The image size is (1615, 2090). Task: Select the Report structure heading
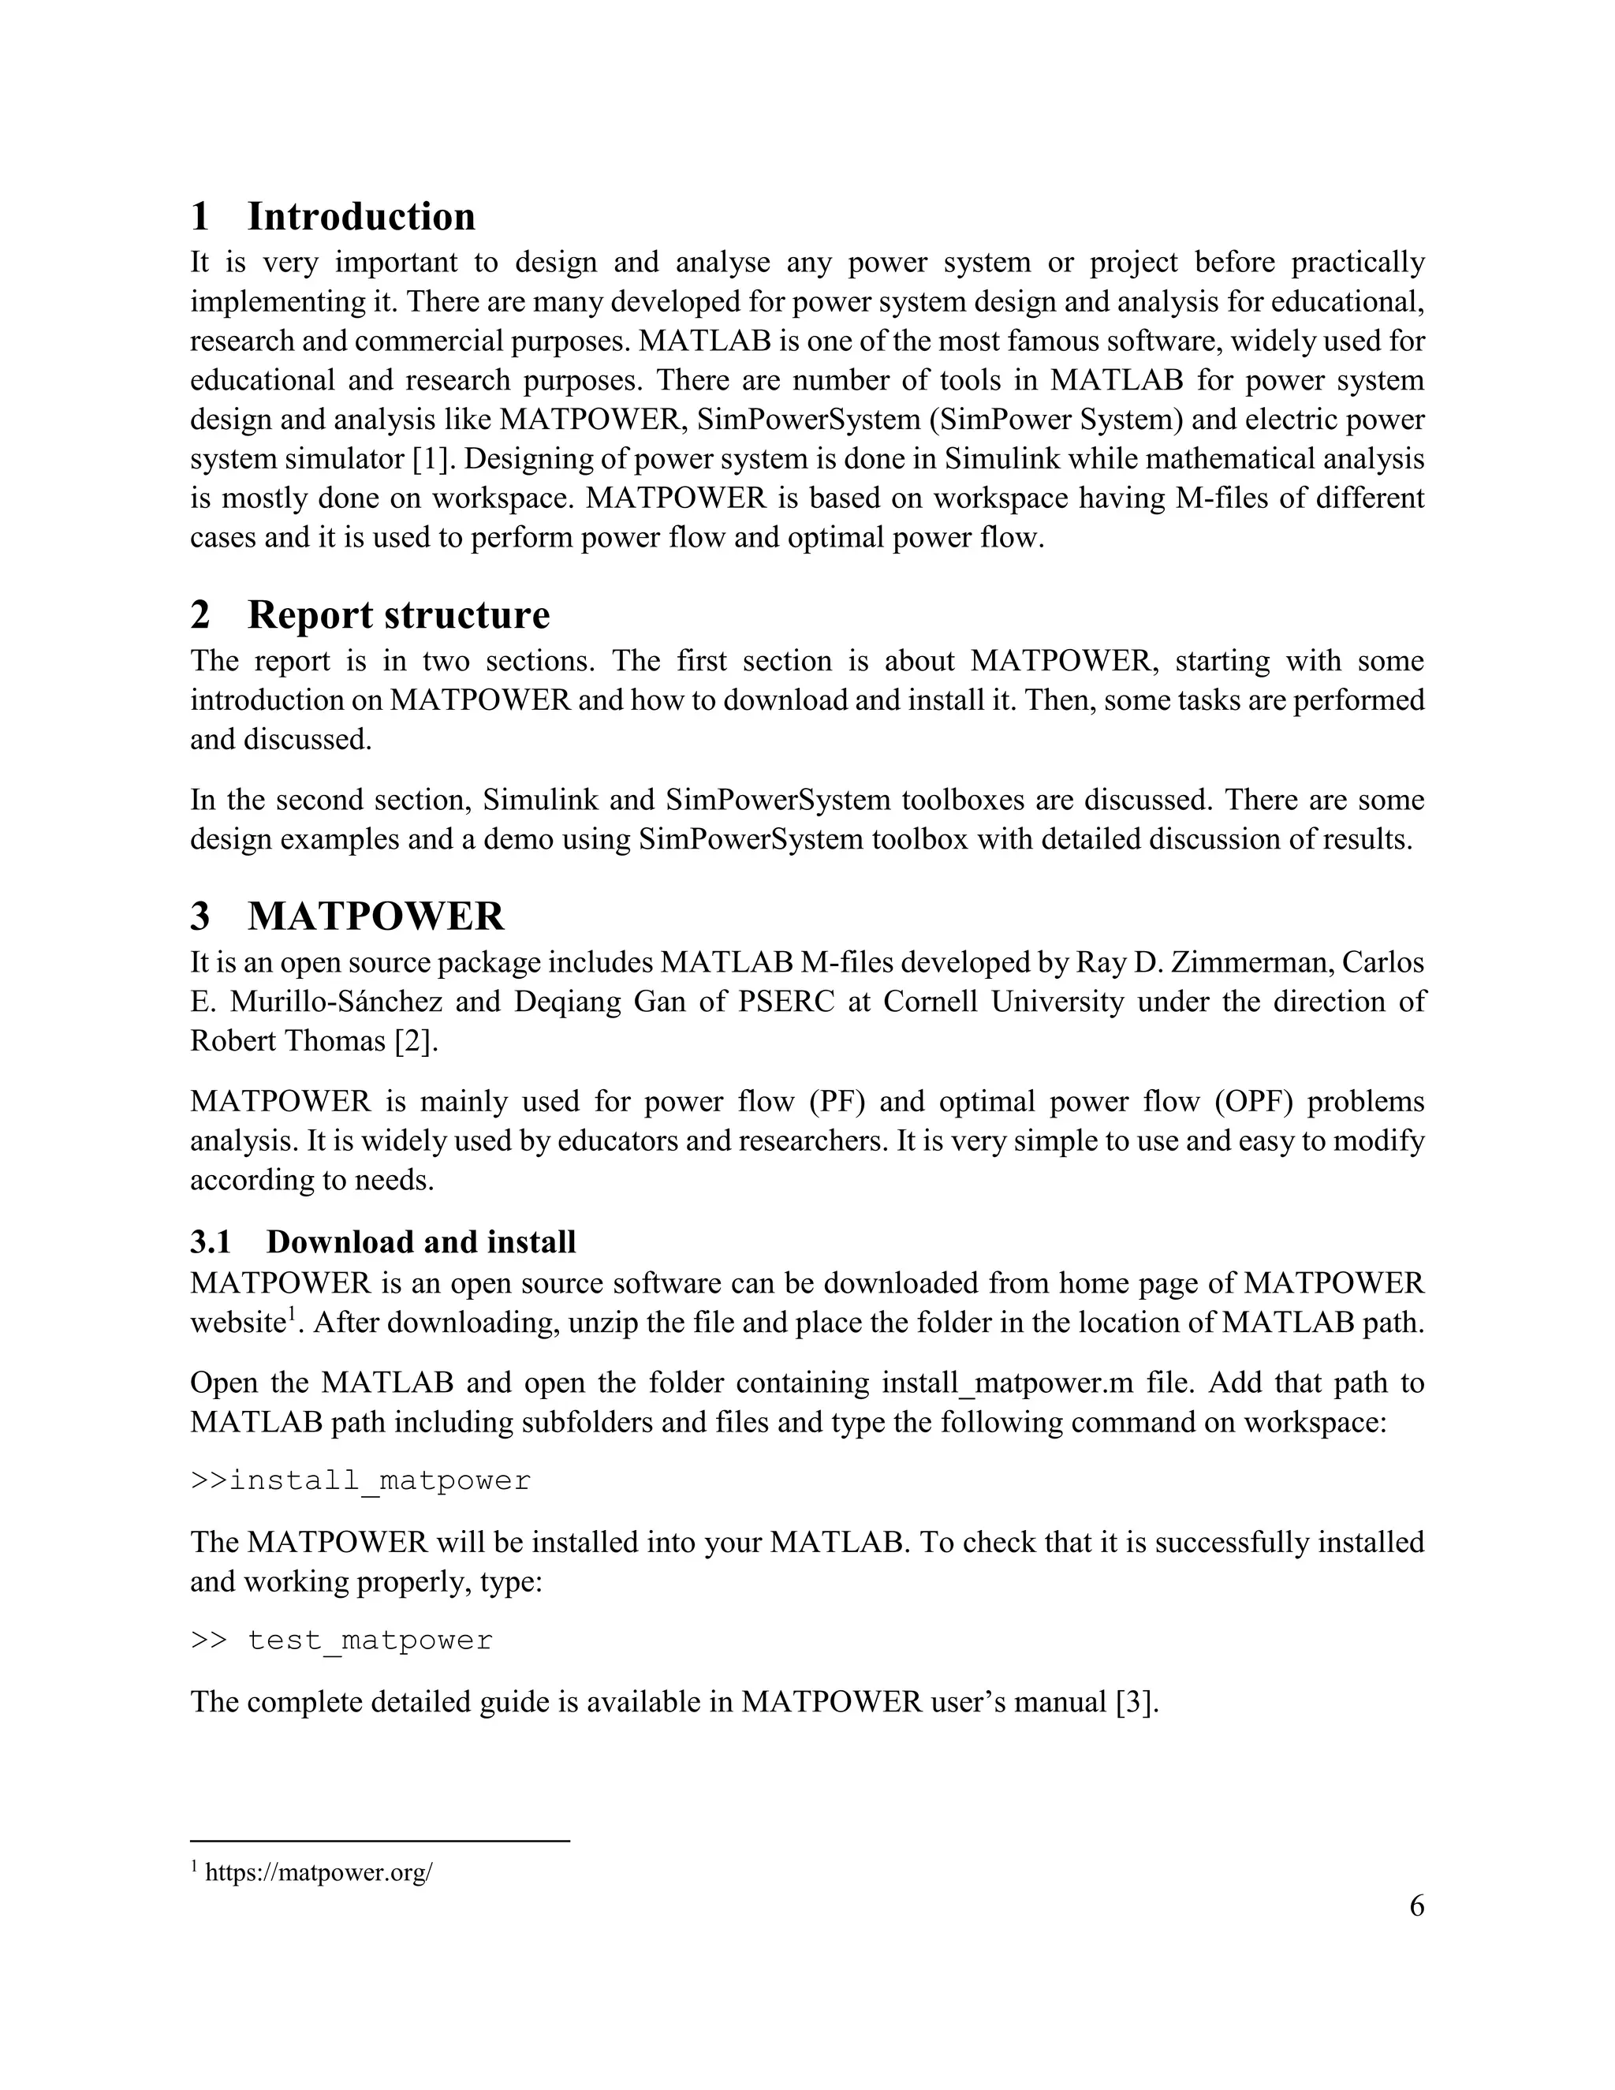[398, 614]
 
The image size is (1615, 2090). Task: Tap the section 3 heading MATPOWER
[375, 916]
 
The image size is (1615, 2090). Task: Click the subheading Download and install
[421, 1241]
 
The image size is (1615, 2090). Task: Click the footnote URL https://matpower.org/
[319, 1872]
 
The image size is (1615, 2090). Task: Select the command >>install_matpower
[360, 1480]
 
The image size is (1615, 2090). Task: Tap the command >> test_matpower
[341, 1640]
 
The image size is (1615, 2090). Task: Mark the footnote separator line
[380, 1839]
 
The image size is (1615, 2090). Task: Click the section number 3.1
[211, 1241]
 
